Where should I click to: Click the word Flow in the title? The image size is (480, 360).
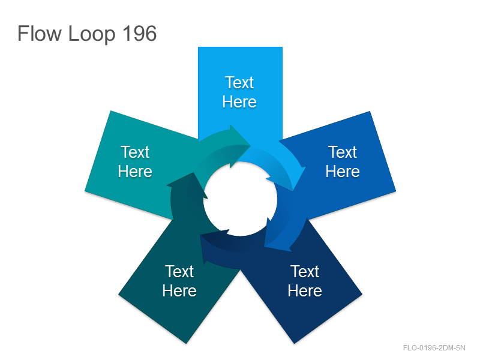40,33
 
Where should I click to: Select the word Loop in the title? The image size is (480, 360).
92,34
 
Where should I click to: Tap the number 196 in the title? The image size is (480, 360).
140,33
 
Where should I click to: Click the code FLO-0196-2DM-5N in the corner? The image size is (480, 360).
434,348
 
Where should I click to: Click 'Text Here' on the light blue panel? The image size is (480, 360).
239,92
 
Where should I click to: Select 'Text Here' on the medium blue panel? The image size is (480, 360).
343,161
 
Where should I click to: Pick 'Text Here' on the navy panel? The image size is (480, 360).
305,281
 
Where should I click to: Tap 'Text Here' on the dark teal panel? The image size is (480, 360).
179,281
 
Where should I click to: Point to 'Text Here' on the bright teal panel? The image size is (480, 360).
135,161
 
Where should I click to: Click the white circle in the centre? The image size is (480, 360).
241,199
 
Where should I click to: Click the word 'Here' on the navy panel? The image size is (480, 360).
305,290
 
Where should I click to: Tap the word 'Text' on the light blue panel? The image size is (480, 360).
239,82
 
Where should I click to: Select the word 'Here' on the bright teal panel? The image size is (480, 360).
135,171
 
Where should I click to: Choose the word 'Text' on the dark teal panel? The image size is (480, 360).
179,271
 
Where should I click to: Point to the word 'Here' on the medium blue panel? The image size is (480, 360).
343,171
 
